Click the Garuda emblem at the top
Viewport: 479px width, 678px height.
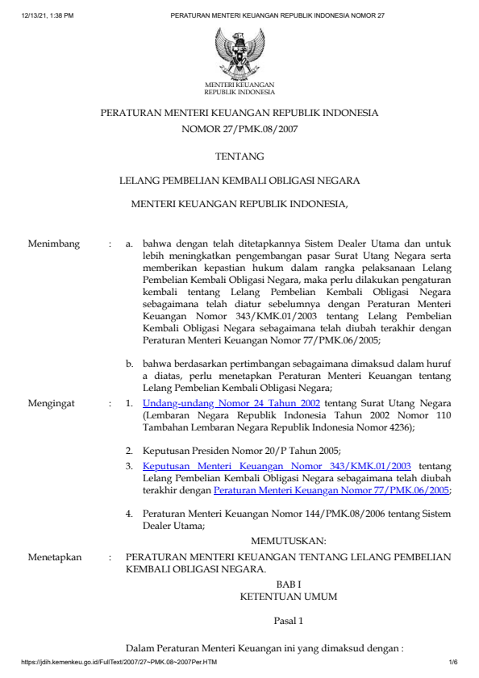239,52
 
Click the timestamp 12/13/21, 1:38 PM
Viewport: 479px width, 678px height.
49,15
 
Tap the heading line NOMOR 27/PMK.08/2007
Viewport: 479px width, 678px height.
240,129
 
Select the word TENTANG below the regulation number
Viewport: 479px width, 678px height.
240,156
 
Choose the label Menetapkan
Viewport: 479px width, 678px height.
56,556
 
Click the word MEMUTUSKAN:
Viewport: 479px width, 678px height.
289,541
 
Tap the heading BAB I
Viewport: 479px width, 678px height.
288,583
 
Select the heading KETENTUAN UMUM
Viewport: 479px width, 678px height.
289,597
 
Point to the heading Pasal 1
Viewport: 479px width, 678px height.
289,622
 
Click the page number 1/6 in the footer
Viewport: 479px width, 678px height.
453,663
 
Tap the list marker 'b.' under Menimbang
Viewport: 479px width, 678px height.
130,365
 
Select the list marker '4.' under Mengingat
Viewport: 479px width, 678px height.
130,513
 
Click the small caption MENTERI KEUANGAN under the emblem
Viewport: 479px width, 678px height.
240,85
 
